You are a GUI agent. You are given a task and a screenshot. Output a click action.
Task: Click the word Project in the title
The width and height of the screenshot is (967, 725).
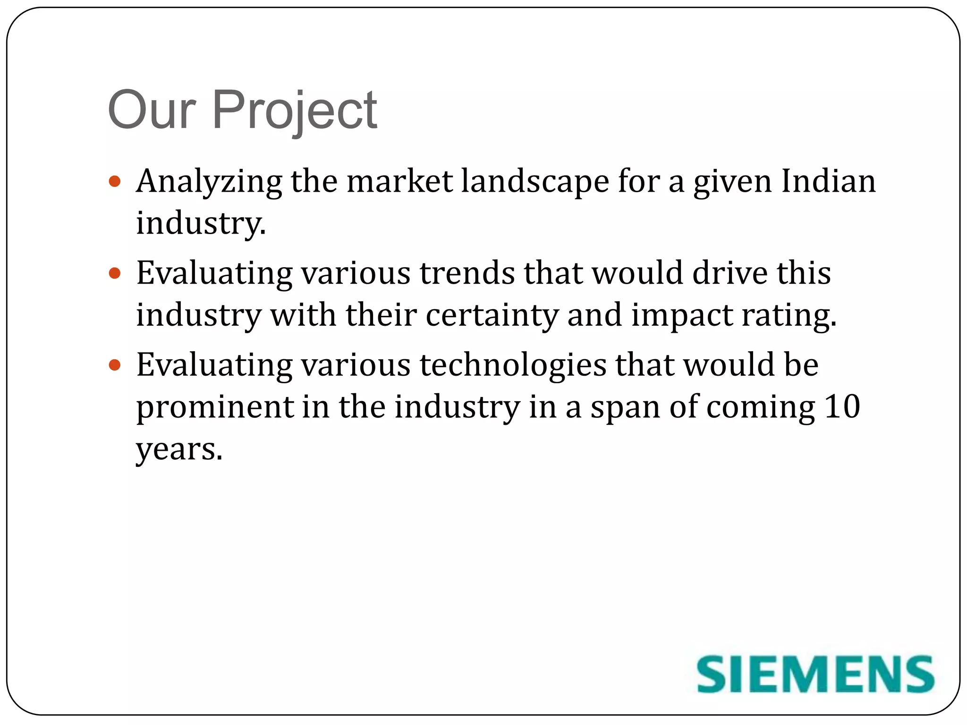(295, 111)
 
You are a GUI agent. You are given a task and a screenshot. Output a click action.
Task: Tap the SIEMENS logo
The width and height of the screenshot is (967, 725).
(815, 674)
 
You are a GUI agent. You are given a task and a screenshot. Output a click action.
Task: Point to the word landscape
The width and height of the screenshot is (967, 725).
(535, 182)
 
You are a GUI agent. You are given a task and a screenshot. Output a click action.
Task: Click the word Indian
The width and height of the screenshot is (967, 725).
(828, 182)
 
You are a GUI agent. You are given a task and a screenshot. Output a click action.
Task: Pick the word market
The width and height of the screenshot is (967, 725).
(399, 182)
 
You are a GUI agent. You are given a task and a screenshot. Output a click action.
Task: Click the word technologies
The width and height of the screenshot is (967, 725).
(513, 366)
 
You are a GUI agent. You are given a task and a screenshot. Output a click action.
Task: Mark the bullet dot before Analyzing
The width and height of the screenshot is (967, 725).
(115, 181)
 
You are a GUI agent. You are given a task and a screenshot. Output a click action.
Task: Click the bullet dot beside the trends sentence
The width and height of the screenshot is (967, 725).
(115, 273)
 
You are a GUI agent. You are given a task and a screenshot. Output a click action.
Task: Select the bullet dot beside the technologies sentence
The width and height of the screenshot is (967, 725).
(115, 365)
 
